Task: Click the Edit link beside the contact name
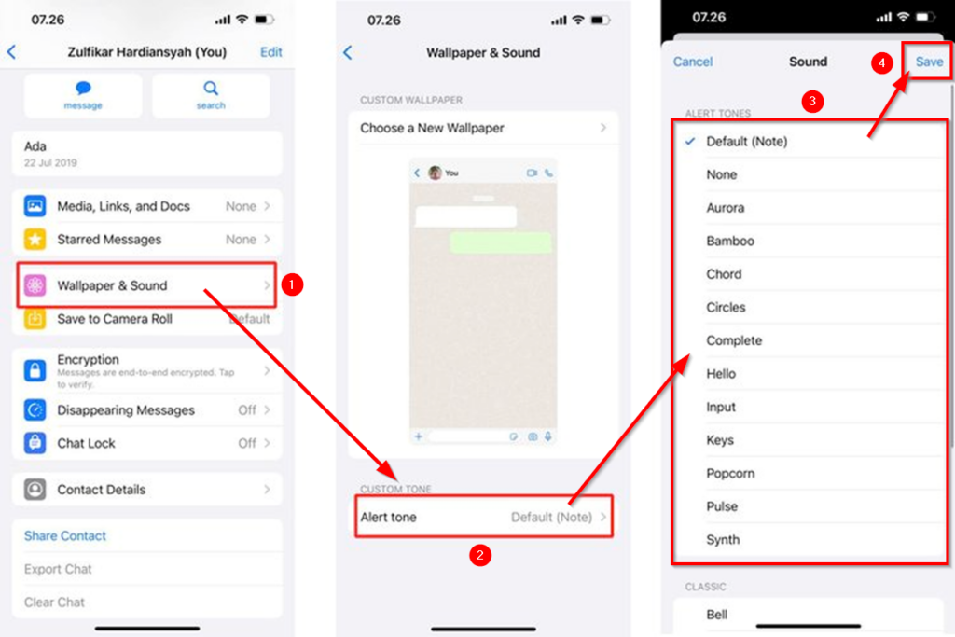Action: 270,52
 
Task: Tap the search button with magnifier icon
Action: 211,95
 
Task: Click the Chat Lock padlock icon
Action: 35,443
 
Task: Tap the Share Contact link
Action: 65,536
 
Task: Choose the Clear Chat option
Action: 55,602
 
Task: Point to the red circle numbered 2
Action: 479,556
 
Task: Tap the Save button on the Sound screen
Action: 929,62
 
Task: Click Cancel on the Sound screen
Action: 693,62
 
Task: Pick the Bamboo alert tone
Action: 730,241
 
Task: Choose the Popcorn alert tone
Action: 730,474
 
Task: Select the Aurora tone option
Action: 726,208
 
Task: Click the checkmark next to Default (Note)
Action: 689,142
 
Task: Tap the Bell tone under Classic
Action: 717,615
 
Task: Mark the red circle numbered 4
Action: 878,63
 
